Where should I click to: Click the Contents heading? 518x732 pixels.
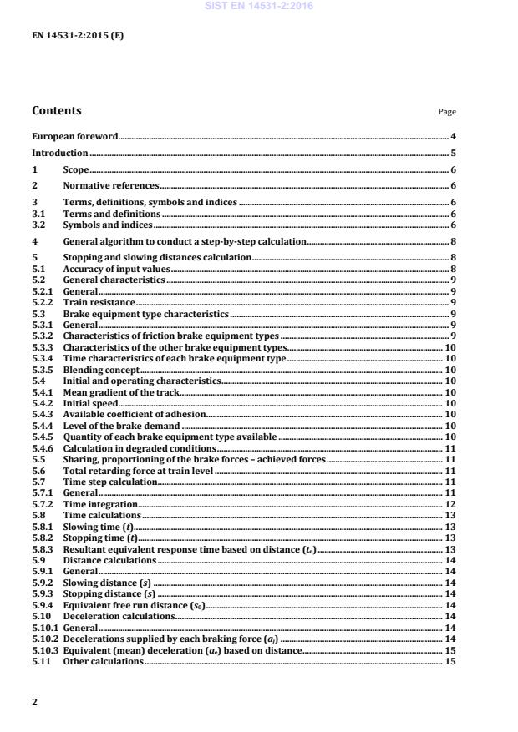57,110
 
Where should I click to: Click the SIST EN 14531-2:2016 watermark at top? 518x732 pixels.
259,6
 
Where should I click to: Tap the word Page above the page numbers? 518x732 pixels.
447,112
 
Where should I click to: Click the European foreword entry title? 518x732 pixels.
74,136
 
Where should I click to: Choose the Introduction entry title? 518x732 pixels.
59,153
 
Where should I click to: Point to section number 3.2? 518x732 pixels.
38,225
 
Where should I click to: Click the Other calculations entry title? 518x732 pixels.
103,661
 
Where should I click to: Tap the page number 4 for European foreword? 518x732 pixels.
452,136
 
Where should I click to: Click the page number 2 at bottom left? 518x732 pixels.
34,702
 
